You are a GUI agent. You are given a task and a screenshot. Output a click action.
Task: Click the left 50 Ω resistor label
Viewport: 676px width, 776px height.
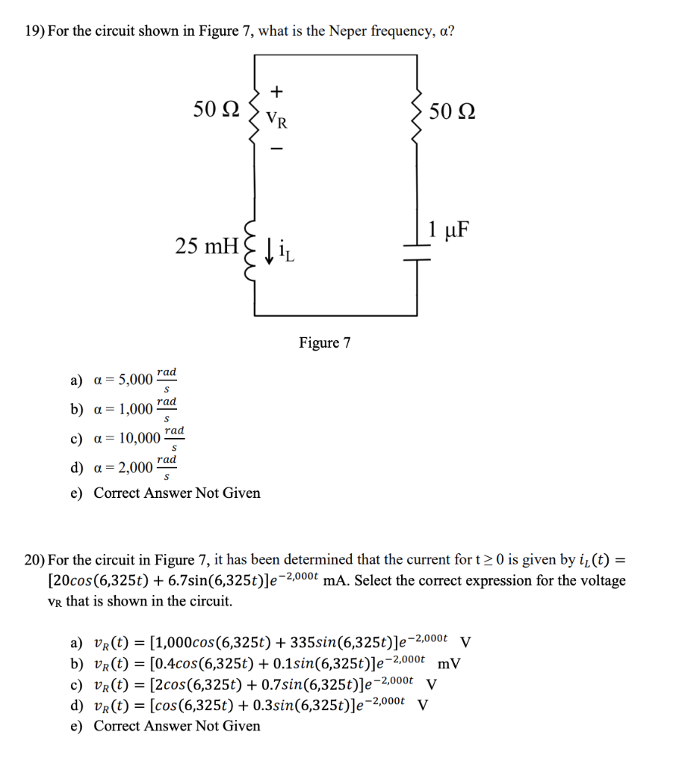pos(216,110)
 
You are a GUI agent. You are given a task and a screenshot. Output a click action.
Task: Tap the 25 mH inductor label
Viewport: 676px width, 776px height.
pos(206,246)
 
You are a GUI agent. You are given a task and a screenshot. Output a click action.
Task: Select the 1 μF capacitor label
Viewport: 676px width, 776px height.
pos(447,228)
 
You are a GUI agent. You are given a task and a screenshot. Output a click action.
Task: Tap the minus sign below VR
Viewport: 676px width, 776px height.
pos(277,149)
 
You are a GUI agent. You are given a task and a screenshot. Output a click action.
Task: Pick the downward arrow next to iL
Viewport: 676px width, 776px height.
pos(270,248)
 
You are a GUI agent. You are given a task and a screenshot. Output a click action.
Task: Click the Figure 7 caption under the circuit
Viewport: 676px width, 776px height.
pos(325,343)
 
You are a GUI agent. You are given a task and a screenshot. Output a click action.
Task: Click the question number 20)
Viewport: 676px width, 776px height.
pos(34,560)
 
